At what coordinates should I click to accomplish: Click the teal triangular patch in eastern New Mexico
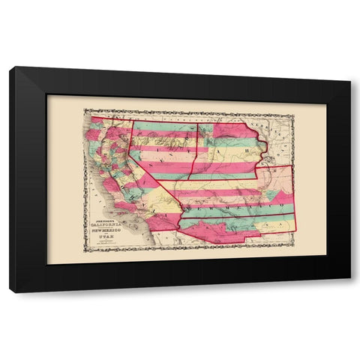[278, 197]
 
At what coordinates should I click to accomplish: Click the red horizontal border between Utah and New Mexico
[217, 181]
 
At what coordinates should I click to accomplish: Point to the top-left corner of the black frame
[10, 68]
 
